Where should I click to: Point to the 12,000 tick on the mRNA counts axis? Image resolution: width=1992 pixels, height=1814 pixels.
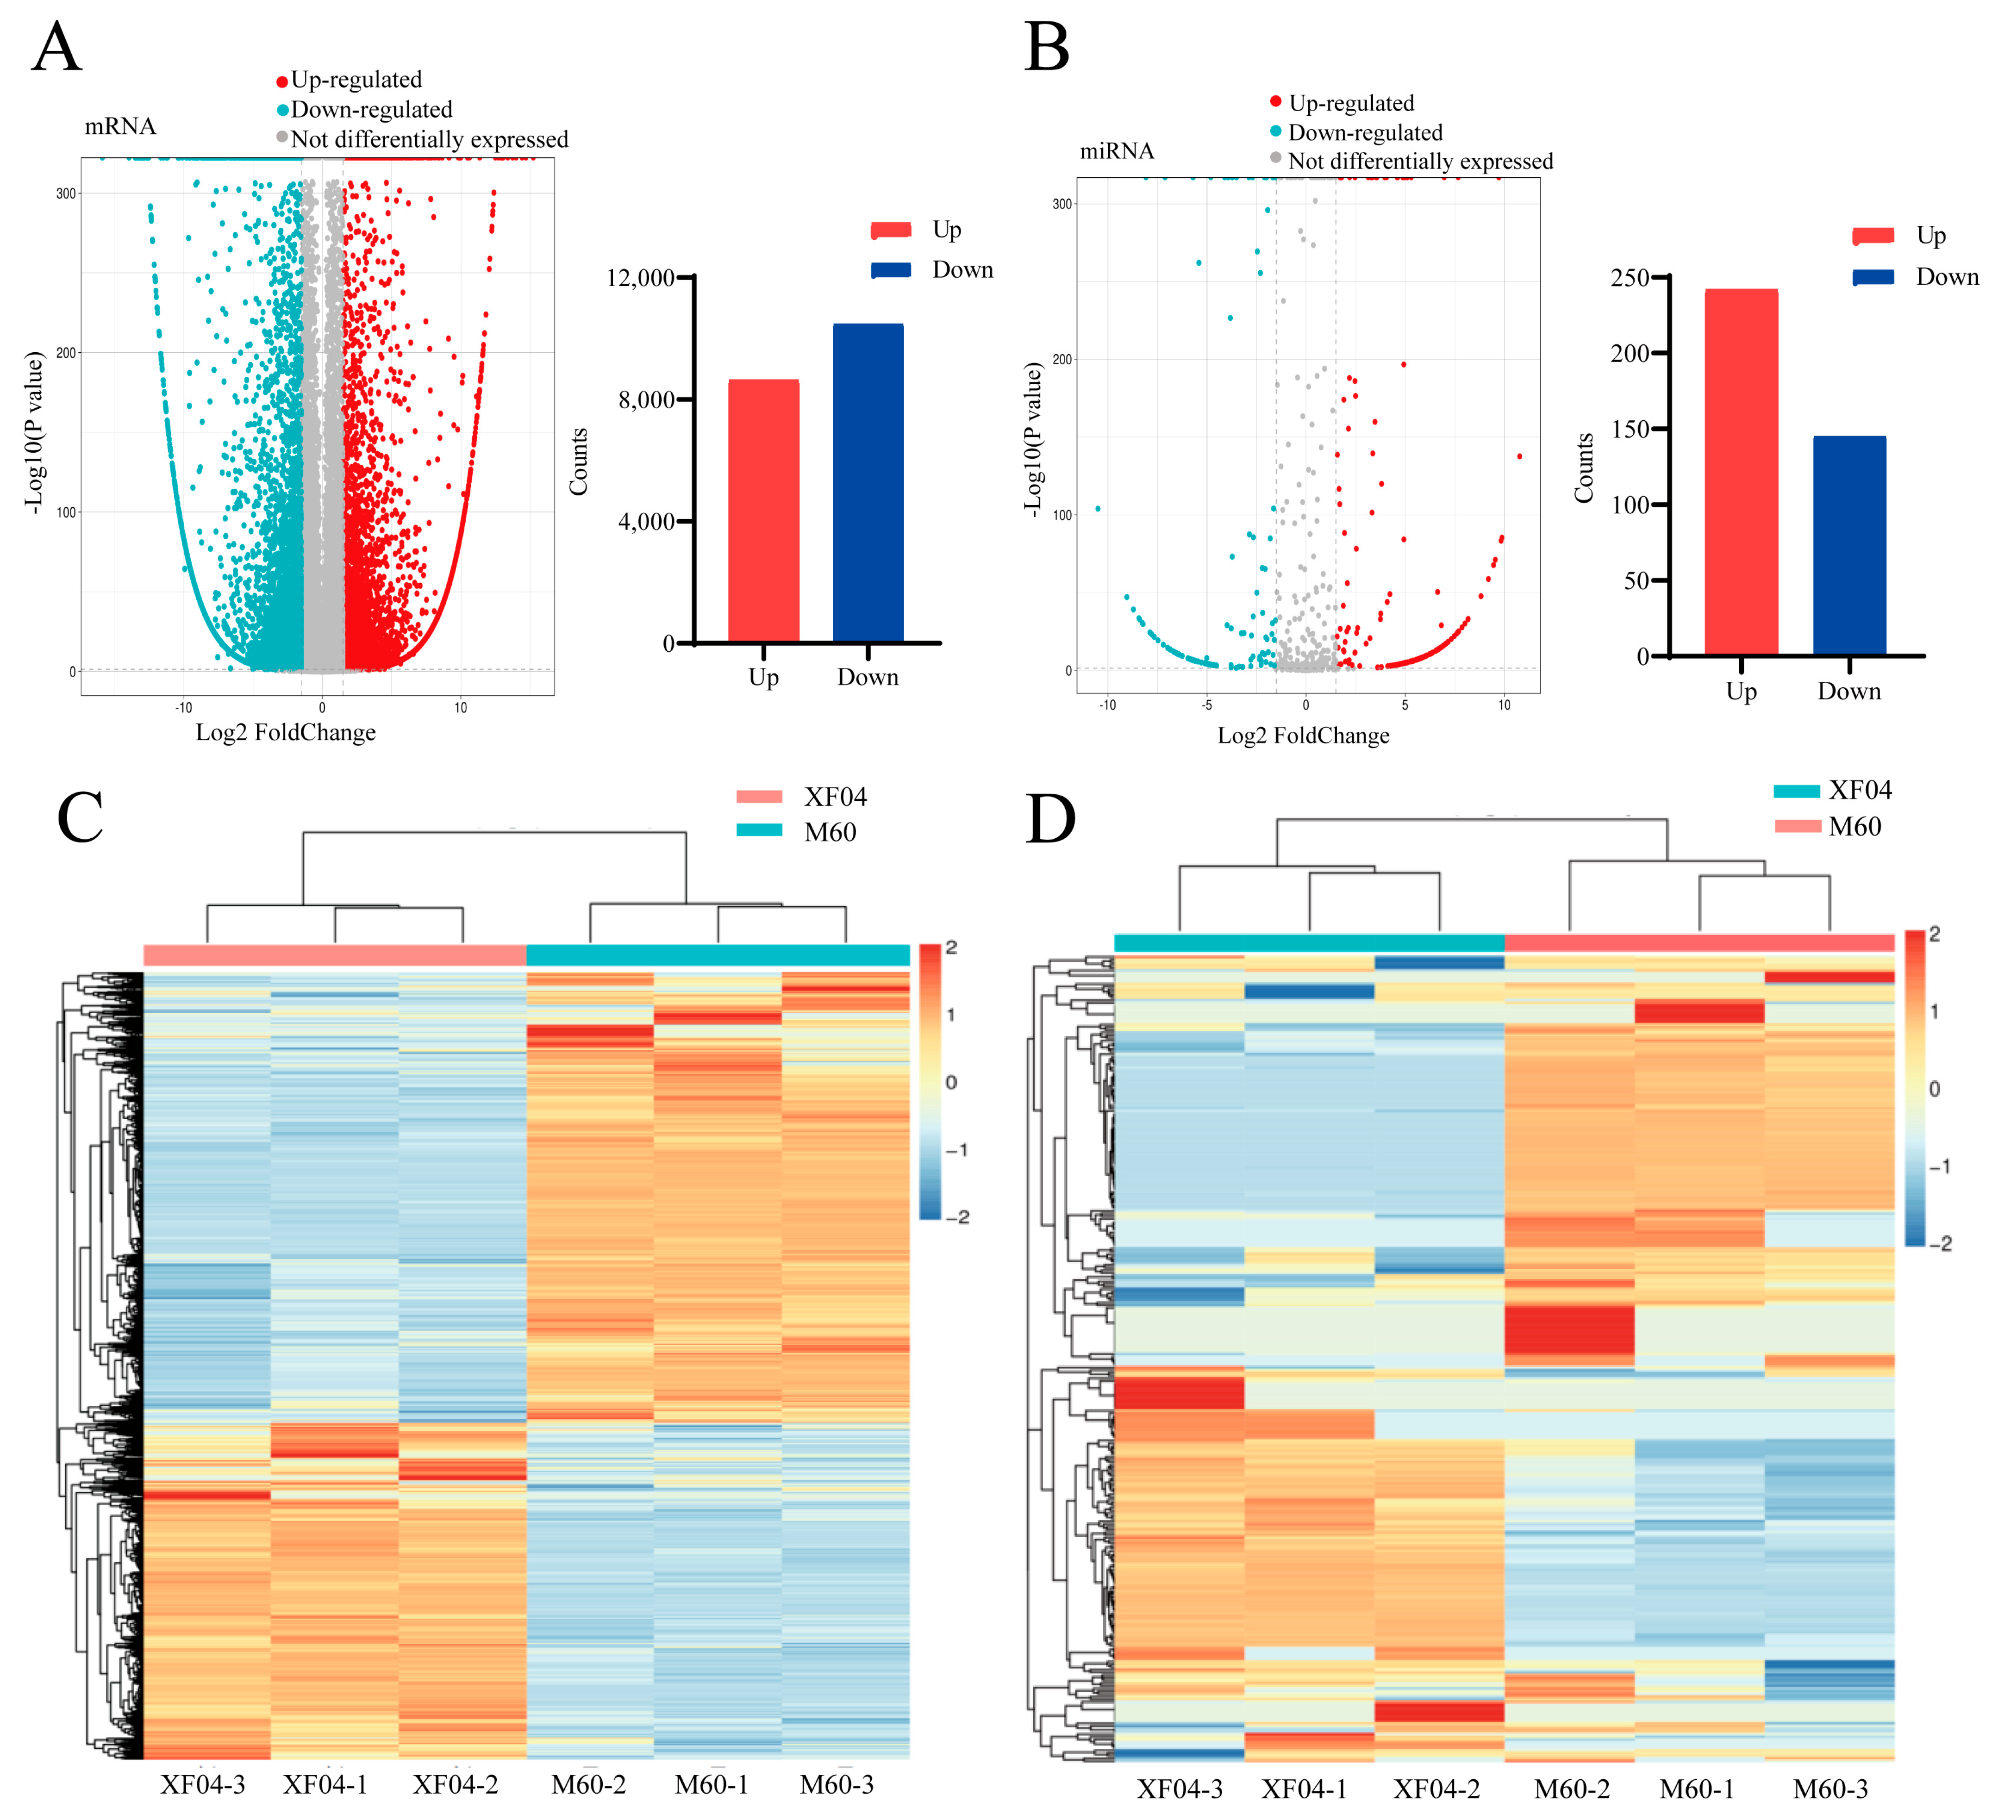click(x=640, y=278)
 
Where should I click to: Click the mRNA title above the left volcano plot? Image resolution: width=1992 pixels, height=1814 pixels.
click(x=119, y=126)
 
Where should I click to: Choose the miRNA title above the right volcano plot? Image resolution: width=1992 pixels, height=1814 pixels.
click(x=1117, y=151)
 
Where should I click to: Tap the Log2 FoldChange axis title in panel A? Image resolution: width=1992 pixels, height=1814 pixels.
click(x=286, y=732)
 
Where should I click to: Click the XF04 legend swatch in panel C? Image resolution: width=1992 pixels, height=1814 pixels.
click(x=759, y=796)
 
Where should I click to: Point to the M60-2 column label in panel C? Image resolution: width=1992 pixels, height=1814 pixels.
click(x=589, y=1784)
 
